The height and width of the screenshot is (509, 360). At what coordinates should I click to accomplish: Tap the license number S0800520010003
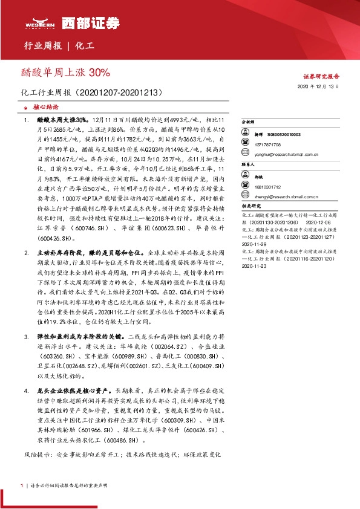point(286,134)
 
